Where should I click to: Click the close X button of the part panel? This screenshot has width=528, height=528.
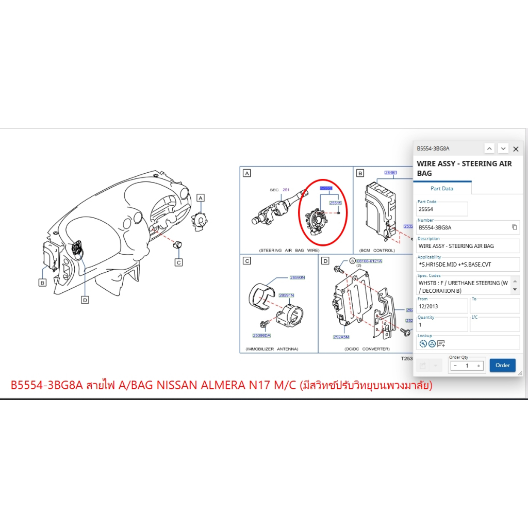point(516,149)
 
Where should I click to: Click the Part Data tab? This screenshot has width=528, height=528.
point(442,189)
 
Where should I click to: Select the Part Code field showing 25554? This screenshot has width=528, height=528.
point(442,209)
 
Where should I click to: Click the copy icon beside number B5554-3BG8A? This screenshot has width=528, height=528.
point(514,227)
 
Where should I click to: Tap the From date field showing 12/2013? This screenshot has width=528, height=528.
point(442,306)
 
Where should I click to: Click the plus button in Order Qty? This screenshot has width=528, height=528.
point(478,366)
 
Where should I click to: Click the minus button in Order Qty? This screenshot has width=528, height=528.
point(455,366)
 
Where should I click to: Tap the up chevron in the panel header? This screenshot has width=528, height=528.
point(490,148)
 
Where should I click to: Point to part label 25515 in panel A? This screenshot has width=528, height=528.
point(336,203)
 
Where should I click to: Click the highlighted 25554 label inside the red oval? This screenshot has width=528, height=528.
point(326,189)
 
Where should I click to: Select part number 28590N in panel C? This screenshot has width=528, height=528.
point(298,277)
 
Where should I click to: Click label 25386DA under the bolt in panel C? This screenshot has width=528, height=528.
point(261,336)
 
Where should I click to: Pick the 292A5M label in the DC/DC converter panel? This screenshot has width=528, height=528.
point(341,337)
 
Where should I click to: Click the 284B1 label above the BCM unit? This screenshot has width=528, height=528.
point(391,172)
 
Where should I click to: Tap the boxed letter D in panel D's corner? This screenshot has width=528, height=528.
point(325,261)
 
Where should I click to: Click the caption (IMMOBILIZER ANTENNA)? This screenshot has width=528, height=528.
point(272,349)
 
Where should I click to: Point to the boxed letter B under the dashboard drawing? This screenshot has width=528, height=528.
point(43,283)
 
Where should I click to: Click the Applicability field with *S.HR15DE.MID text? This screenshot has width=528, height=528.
point(468,265)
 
